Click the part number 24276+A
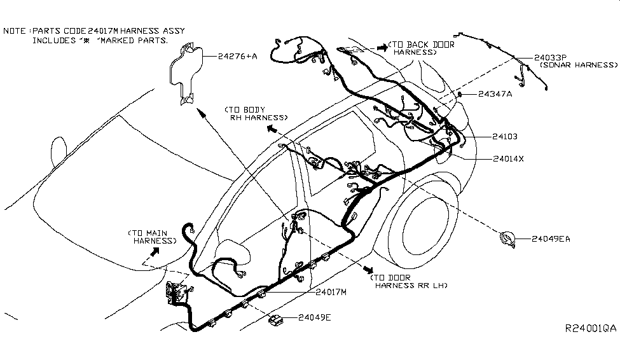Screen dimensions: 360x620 click(x=237, y=57)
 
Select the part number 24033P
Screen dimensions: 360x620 click(x=551, y=57)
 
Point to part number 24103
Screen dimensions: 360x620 click(x=504, y=136)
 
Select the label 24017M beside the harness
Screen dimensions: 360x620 click(x=331, y=292)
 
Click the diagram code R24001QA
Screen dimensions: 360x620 click(x=591, y=329)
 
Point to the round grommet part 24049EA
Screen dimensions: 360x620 click(x=507, y=239)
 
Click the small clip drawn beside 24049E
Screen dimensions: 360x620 click(x=277, y=318)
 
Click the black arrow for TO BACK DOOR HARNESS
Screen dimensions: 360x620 click(x=380, y=47)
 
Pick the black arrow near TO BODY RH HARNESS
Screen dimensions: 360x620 click(x=272, y=128)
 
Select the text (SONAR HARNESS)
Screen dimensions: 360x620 click(x=578, y=65)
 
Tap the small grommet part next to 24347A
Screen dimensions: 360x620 click(x=459, y=95)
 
